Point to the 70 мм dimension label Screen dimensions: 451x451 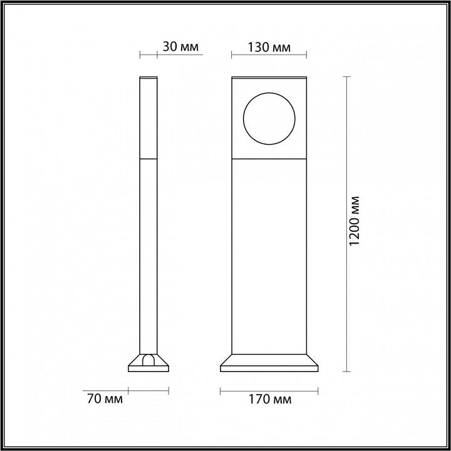[x=103, y=398]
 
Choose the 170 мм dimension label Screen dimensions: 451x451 [x=270, y=398]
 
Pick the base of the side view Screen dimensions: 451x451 [x=148, y=365]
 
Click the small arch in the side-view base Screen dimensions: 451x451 [x=148, y=360]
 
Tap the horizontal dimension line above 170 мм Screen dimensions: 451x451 [x=269, y=391]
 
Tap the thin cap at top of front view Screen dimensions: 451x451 [x=269, y=78]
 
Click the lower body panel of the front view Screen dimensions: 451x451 [x=269, y=257]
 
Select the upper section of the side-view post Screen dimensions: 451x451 [x=148, y=119]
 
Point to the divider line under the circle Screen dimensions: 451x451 [x=269, y=159]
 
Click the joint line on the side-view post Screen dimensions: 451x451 [x=148, y=159]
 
